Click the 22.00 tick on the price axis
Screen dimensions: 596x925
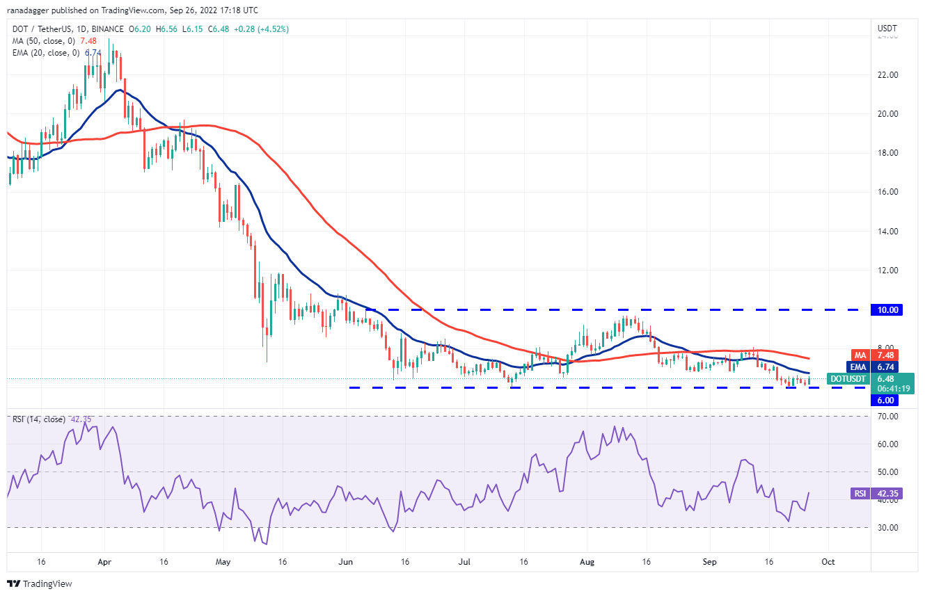coord(887,75)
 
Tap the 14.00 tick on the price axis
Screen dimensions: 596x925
coord(887,232)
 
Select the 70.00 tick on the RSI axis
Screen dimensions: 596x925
coord(887,417)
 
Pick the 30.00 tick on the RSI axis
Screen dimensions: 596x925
coord(887,528)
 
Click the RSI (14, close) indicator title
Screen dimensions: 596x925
coord(38,419)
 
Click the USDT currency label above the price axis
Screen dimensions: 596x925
coord(887,29)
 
